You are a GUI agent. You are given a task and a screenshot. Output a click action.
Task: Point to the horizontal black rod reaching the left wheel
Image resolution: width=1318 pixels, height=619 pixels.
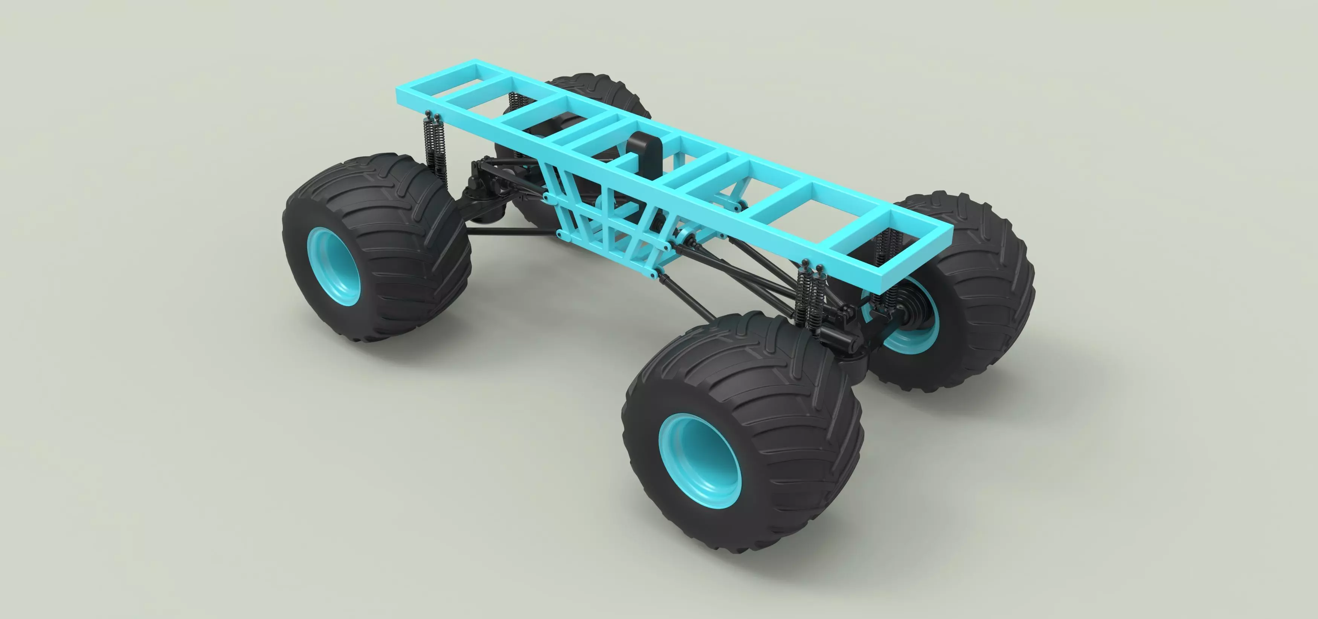point(512,232)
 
